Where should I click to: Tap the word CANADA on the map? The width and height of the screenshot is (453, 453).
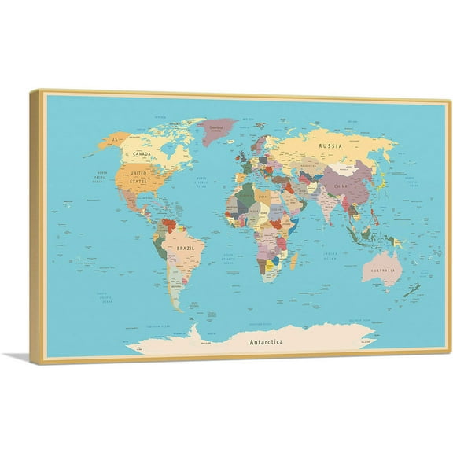click(x=142, y=153)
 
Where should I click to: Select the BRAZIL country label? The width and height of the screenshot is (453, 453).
click(x=186, y=248)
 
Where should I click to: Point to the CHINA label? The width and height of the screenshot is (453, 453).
click(x=340, y=186)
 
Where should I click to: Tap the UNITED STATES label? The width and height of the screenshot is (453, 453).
click(x=138, y=177)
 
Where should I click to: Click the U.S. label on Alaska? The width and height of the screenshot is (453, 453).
click(x=114, y=139)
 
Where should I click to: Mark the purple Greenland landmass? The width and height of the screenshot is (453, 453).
click(x=218, y=130)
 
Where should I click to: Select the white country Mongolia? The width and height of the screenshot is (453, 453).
click(x=344, y=168)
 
